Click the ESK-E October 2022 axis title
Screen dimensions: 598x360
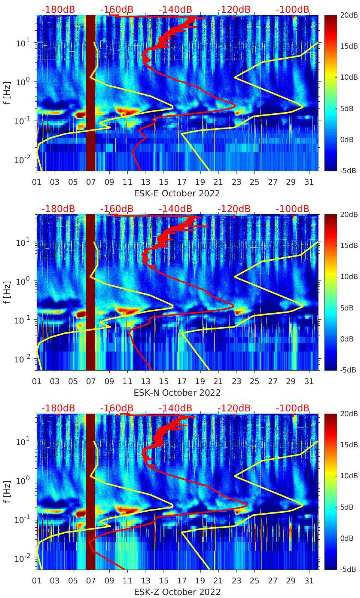[x=177, y=193]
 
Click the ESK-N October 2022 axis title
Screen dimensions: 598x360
[x=177, y=393]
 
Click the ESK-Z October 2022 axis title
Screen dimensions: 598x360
[x=177, y=592]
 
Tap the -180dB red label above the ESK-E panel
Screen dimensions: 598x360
[x=58, y=9]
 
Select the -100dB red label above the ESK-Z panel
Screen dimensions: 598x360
[x=293, y=408]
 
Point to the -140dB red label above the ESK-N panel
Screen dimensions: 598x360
[x=175, y=209]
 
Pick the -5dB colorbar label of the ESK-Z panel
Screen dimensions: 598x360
[x=348, y=569]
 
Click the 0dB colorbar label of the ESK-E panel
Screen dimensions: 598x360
[x=347, y=140]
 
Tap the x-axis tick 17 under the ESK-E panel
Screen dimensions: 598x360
[x=182, y=183]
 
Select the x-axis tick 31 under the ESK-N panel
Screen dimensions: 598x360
[x=309, y=382]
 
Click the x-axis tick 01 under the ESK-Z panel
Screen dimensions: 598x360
[x=37, y=581]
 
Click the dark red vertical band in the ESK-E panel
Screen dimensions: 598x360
[x=91, y=93]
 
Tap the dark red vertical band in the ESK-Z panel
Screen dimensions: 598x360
[x=91, y=492]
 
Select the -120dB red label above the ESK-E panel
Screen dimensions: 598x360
[x=234, y=9]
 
